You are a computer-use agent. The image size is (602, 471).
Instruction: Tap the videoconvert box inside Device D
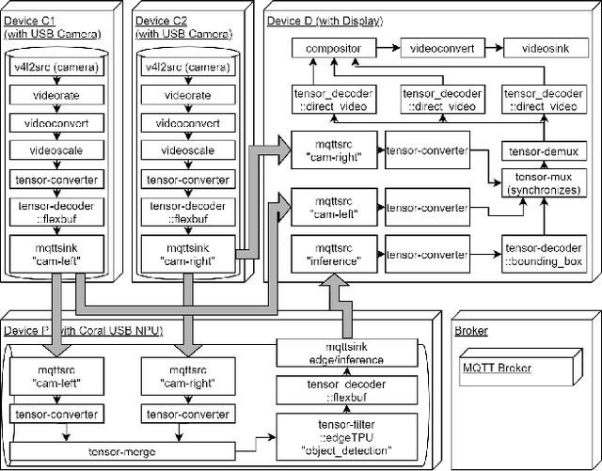coord(437,46)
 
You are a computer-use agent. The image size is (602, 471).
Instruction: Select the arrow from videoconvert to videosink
coord(488,46)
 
